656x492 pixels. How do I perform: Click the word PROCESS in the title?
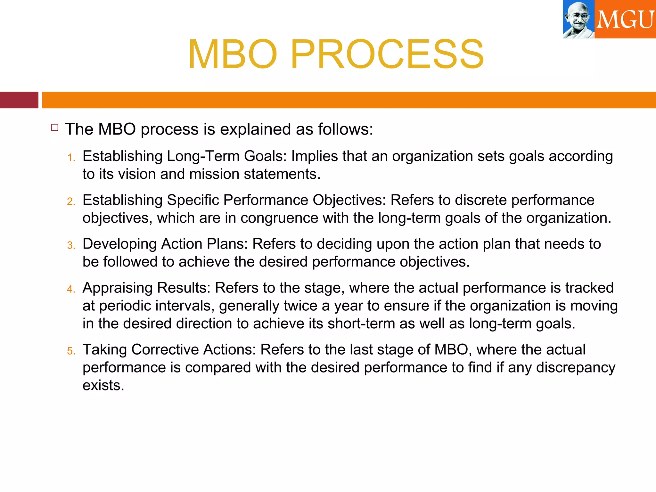pyautogui.click(x=387, y=54)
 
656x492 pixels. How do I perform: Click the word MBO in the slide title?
pyautogui.click(x=233, y=54)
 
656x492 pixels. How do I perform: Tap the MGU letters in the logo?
pyautogui.click(x=625, y=20)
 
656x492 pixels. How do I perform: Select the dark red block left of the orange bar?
pyautogui.click(x=19, y=100)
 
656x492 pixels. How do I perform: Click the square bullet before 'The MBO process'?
pyautogui.click(x=55, y=128)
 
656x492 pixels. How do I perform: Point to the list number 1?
pyautogui.click(x=71, y=158)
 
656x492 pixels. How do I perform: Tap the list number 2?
pyautogui.click(x=71, y=201)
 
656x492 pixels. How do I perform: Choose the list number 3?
pyautogui.click(x=71, y=245)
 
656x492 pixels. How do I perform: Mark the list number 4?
pyautogui.click(x=71, y=289)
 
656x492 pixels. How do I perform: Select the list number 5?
pyautogui.click(x=71, y=351)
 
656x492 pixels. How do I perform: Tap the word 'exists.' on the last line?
pyautogui.click(x=103, y=385)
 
